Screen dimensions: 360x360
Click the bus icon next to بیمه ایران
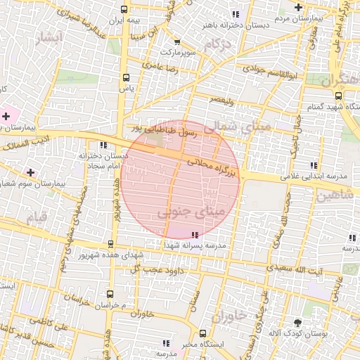[x=124, y=10]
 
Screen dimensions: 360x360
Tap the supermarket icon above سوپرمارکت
[x=176, y=42]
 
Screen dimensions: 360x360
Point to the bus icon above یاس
[x=126, y=78]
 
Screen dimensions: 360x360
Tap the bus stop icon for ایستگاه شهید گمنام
[x=338, y=96]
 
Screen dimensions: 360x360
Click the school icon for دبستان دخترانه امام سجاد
[x=103, y=145]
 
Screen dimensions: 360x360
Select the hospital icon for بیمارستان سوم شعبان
[x=30, y=172]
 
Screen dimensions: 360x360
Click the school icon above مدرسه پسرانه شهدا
[x=194, y=235]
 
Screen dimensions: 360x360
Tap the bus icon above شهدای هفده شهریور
[x=110, y=244]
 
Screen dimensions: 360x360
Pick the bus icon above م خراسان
[x=109, y=294]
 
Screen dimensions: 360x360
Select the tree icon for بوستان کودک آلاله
[x=298, y=321]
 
